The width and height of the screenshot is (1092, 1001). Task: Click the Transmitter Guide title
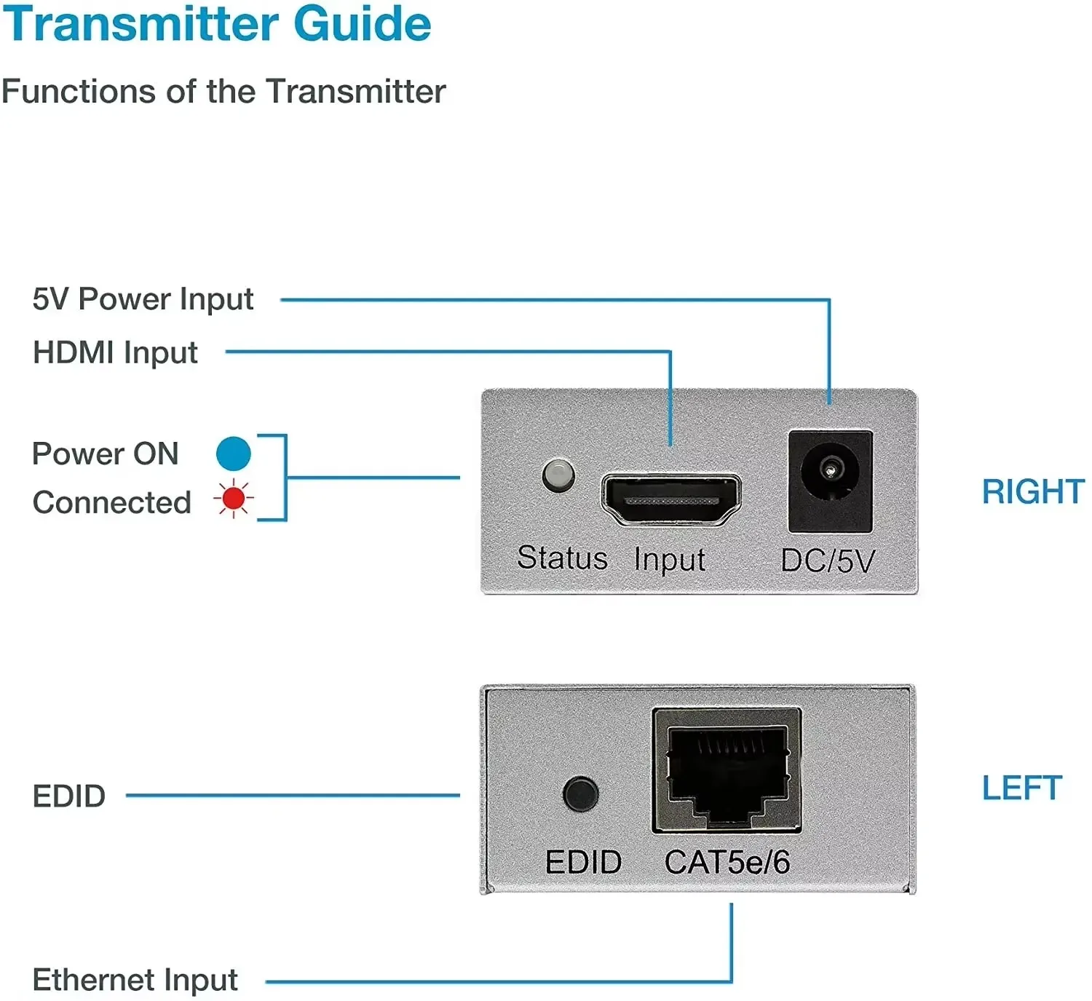[217, 25]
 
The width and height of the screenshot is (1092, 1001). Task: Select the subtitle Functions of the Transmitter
[223, 92]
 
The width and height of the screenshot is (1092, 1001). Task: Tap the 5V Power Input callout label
[143, 299]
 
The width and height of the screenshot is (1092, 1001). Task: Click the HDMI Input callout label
[115, 353]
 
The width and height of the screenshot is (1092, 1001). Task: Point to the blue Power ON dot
[233, 454]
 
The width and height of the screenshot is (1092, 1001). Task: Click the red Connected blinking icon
[233, 499]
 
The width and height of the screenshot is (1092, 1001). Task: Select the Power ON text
[106, 454]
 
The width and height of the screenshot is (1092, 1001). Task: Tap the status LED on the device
[558, 475]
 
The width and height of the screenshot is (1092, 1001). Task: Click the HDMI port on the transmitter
[670, 499]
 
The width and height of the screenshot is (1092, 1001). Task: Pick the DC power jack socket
[830, 480]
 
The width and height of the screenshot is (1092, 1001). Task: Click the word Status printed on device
[562, 558]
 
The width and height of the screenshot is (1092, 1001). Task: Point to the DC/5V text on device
[827, 561]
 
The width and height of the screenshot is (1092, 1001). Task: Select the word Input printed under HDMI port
[669, 560]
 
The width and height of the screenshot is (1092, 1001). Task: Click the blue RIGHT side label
[1032, 491]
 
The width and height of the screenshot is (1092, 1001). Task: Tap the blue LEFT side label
[1021, 788]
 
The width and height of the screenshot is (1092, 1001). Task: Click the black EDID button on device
[580, 794]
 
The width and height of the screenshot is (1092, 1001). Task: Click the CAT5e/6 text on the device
[727, 863]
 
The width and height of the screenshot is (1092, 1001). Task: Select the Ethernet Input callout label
[135, 980]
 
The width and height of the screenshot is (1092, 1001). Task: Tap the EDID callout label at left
[69, 796]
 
